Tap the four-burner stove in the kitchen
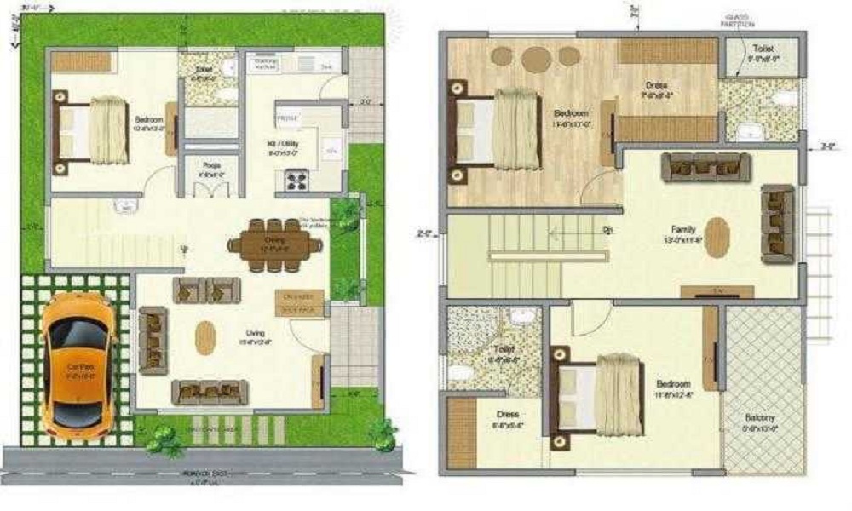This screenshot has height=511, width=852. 296,181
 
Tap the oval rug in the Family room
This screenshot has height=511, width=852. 717,238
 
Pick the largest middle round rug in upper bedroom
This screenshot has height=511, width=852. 537,59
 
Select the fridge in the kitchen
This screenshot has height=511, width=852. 287,118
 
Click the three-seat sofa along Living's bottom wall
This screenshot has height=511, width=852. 210,391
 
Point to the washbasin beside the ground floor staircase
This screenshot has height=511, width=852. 124,206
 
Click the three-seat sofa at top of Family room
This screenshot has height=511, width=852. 705,167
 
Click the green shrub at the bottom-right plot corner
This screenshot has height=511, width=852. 382,435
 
